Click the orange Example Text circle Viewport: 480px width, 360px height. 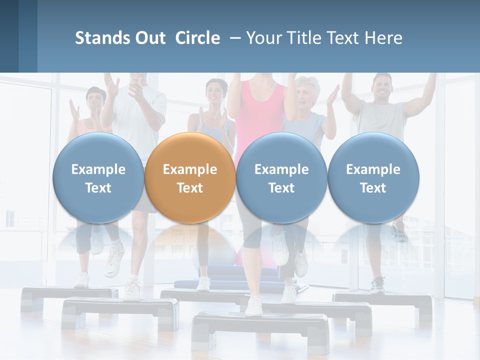pyautogui.click(x=190, y=177)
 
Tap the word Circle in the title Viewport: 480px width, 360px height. pyautogui.click(x=197, y=38)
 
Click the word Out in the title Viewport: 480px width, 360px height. pyautogui.click(x=148, y=38)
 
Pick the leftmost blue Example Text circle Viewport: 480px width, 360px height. pyautogui.click(x=98, y=177)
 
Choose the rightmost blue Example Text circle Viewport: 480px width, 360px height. pyautogui.click(x=373, y=177)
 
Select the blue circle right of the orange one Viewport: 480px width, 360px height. pyautogui.click(x=281, y=177)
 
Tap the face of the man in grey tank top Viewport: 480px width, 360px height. pyautogui.click(x=382, y=86)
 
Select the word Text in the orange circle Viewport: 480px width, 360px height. pyautogui.click(x=190, y=188)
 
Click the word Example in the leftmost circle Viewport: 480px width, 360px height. pyautogui.click(x=98, y=169)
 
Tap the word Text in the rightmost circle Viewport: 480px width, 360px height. pyautogui.click(x=373, y=188)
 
